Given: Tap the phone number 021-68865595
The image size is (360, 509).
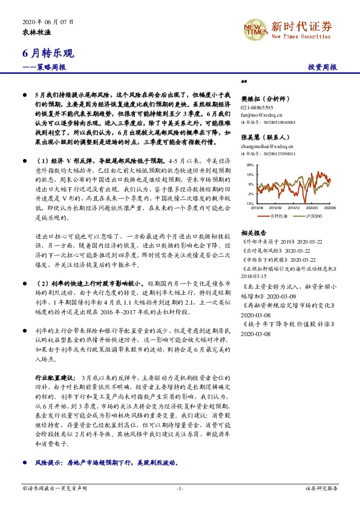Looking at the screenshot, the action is [258, 106].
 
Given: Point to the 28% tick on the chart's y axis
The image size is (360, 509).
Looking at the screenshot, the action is [250, 164].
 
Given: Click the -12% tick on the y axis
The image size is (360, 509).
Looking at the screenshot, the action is [249, 204].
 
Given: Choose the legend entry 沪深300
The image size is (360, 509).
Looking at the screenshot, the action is [315, 215].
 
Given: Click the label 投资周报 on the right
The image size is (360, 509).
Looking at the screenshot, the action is [322, 68].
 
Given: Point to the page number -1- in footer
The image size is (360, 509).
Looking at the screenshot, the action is [179, 487].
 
